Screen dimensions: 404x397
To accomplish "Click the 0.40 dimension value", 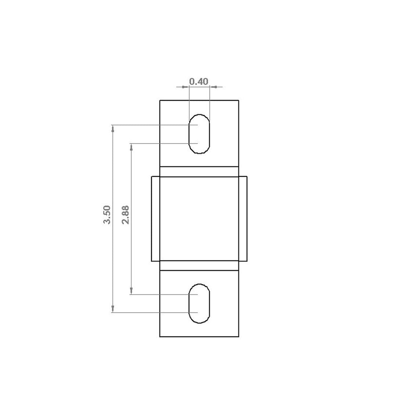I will point(198,81).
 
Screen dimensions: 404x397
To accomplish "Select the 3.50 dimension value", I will point(107,215).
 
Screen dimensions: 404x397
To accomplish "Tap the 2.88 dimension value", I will point(125,215).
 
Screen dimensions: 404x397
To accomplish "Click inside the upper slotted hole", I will point(199,134).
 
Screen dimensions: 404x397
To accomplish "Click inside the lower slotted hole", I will point(199,304).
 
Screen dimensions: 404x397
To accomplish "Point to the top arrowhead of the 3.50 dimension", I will point(113,128).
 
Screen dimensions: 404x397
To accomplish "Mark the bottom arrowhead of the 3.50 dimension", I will point(113,310).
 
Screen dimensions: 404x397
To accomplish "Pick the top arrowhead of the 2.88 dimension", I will point(131,146).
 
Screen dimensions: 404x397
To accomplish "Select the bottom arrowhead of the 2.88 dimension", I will point(131,292).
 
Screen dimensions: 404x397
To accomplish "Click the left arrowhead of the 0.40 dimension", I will point(186,87).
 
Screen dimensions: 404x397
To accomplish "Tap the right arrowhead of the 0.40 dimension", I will point(212,87).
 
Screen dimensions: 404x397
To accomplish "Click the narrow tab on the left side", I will point(155,219).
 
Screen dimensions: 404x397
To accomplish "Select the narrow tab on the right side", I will point(243,219).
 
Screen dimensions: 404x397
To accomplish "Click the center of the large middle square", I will point(199,219).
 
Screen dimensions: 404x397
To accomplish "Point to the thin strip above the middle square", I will point(199,172).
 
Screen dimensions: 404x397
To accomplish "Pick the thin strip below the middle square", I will point(199,266).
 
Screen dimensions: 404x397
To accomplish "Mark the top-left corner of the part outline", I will point(160,100).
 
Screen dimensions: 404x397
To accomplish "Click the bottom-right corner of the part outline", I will point(239,337).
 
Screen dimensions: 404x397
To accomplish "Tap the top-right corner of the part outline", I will point(239,100).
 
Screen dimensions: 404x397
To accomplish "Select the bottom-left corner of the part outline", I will point(160,337).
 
